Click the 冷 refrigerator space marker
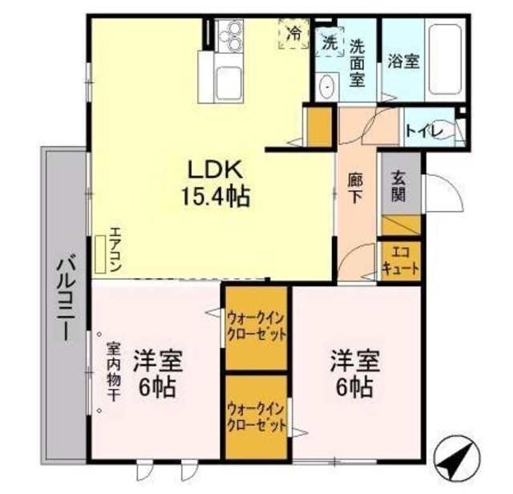click(x=293, y=34)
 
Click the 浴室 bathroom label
click(x=403, y=61)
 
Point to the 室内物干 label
click(x=114, y=372)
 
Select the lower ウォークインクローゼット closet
click(x=256, y=415)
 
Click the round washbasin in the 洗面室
click(x=326, y=87)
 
